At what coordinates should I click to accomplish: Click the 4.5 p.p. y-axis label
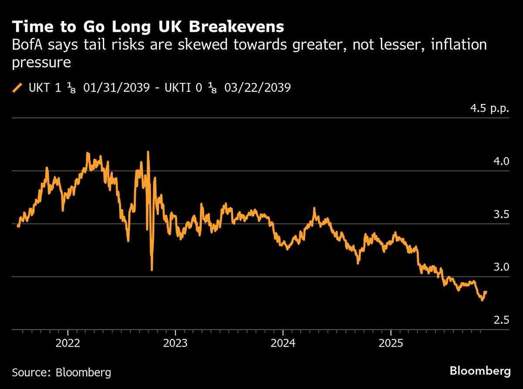click(489, 109)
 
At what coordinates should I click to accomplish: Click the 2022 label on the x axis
click(68, 344)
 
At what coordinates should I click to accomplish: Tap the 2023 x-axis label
click(176, 344)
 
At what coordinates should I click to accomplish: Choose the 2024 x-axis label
click(283, 344)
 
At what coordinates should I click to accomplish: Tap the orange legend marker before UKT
click(17, 88)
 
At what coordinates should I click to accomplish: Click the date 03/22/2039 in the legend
click(258, 88)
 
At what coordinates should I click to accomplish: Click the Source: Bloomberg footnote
click(61, 372)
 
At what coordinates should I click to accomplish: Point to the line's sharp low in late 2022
click(152, 270)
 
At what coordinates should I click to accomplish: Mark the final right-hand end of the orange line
click(486, 292)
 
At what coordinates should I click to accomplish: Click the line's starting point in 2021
click(18, 226)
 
